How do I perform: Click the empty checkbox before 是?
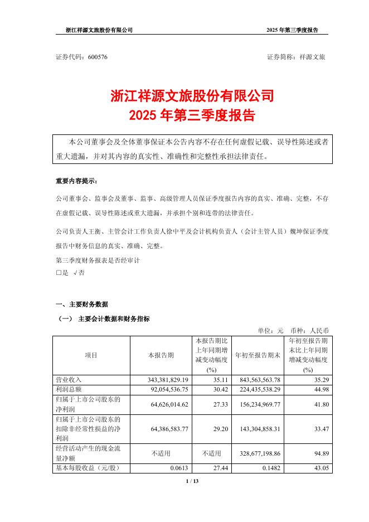point(59,273)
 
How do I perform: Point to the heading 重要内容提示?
point(76,181)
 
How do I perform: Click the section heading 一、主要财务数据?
point(82,304)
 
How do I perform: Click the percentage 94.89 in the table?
point(319,454)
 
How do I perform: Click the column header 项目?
point(91,355)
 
